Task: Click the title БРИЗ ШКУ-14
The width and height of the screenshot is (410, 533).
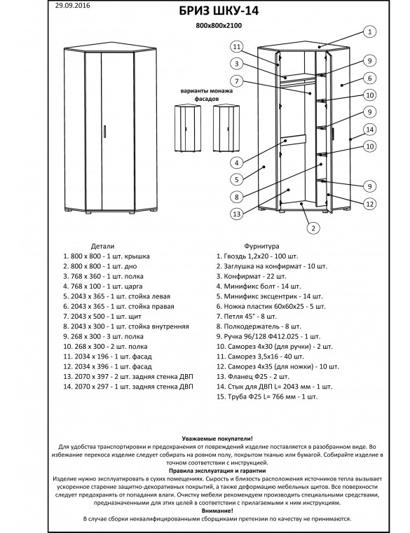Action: pos(219,11)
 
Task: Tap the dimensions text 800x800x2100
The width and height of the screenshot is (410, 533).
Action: pos(219,25)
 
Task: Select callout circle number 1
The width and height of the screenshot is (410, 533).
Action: pos(370,32)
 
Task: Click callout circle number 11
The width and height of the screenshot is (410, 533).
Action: pos(237,47)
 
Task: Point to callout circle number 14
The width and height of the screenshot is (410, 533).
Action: pos(370,130)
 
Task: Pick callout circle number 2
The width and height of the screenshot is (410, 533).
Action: pos(313,228)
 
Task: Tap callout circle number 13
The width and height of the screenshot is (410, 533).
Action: pos(237,214)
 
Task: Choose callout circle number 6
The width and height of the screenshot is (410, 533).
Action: pos(370,78)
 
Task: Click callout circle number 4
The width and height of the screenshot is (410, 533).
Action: pos(237,162)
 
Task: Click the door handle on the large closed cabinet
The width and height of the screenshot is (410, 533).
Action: pos(105,132)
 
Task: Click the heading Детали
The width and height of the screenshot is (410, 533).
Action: pos(102,246)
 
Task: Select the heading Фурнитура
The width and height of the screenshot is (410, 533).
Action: pos(261,246)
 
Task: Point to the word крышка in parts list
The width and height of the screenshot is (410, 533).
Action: pos(137,256)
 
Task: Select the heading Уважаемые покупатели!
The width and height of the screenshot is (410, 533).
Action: pos(217,439)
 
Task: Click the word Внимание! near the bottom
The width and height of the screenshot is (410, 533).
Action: pos(217,511)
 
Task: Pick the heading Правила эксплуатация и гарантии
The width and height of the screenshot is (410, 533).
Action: pos(217,471)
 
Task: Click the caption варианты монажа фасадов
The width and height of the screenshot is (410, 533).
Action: pos(207,95)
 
